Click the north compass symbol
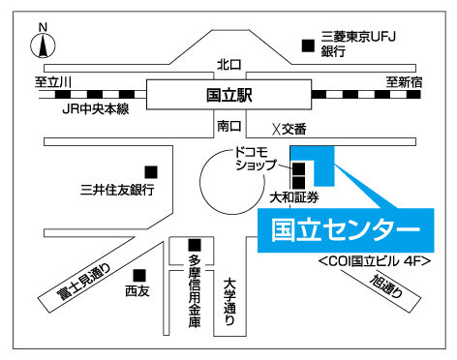point(42,43)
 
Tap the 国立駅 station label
point(228,96)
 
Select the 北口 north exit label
point(228,65)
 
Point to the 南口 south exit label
point(228,126)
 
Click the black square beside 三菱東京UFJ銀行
point(308,44)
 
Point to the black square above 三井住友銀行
point(150,170)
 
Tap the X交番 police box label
point(289,129)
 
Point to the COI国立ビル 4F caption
point(373,261)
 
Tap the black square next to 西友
point(140,275)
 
